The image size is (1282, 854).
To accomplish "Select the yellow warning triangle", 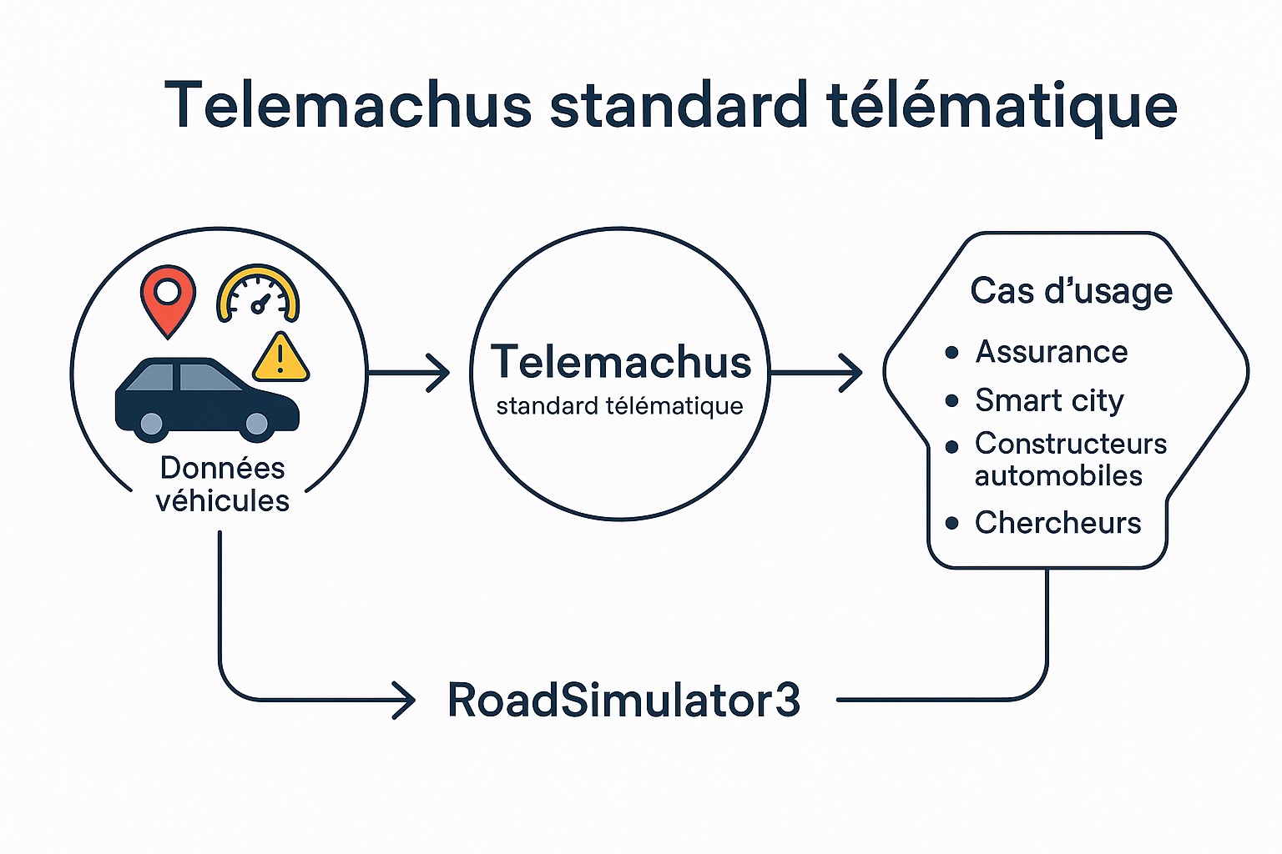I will [x=280, y=358].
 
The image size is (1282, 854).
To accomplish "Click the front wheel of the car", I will [x=257, y=425].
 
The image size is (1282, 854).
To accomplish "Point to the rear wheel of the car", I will [x=151, y=425].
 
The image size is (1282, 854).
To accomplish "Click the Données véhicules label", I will [x=222, y=485].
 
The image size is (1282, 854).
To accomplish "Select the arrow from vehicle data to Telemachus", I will [x=409, y=372].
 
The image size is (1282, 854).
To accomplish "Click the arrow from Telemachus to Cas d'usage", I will [x=816, y=372].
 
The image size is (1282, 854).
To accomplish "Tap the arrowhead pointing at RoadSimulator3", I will [x=405, y=701].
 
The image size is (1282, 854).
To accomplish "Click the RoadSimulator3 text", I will [x=623, y=701].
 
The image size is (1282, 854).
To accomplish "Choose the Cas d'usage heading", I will [x=1071, y=291].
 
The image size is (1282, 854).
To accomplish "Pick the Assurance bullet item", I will [x=1051, y=352].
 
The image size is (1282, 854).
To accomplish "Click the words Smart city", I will [x=1049, y=400].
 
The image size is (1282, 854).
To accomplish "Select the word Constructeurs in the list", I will [x=1071, y=444].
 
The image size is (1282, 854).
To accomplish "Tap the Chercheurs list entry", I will [x=1057, y=523].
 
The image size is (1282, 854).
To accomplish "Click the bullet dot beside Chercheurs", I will [x=952, y=524].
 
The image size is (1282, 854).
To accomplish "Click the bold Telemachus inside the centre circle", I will [x=621, y=362].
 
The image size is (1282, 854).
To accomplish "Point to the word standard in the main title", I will [x=679, y=106].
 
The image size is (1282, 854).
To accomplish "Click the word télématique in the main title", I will [x=1002, y=106].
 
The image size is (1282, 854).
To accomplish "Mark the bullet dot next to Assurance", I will [x=951, y=353].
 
